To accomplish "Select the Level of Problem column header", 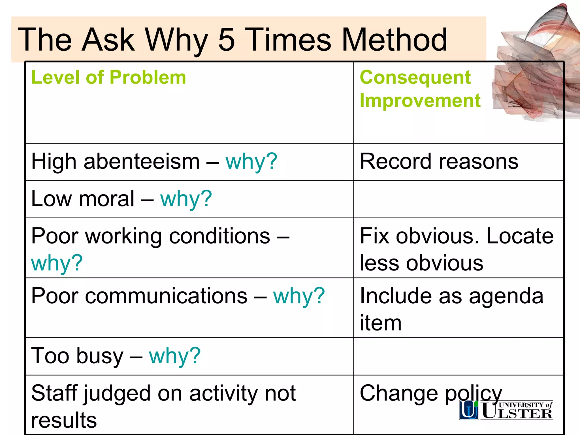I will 108,77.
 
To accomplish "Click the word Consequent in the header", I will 415,77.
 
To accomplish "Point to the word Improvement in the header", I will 420,101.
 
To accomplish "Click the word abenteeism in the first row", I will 142,161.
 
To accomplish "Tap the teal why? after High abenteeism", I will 251,161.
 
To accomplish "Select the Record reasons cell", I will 439,161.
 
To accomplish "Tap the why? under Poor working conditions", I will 57,263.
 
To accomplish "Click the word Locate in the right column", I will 520,236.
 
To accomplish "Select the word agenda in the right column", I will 506,296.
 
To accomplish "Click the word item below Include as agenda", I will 380,323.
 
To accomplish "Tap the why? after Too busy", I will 175,356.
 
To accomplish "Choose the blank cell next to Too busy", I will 458,356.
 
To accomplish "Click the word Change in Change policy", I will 399,393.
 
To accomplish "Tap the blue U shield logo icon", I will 469,410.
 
